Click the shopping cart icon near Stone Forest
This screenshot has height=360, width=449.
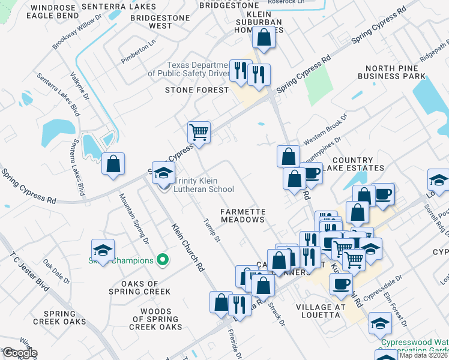[x=199, y=131]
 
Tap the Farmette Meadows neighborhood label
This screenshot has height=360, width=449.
[x=243, y=215]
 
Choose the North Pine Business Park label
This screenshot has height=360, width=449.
[x=391, y=72]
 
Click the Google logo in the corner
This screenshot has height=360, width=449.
[x=19, y=353]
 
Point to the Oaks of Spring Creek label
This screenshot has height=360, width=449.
[x=140, y=287]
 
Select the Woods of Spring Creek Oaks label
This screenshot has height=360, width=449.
[x=155, y=319]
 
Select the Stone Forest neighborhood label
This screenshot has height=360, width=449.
[x=197, y=90]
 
